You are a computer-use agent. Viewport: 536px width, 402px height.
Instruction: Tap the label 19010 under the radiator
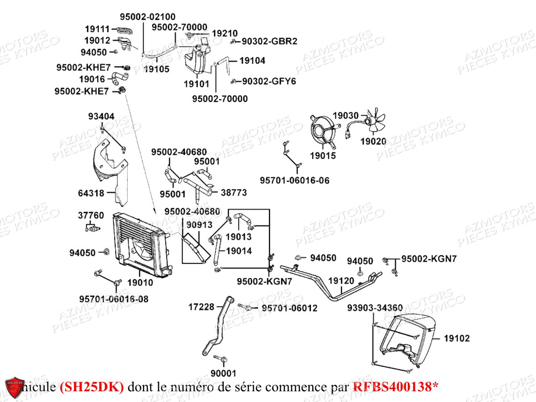(140, 282)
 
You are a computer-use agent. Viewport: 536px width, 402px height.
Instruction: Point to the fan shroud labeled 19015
(322, 130)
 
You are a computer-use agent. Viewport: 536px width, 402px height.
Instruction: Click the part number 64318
(91, 193)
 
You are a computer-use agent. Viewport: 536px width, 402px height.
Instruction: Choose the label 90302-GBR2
(269, 41)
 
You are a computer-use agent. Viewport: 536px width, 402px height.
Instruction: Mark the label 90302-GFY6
(269, 81)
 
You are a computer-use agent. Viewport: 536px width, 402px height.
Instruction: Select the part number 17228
(201, 306)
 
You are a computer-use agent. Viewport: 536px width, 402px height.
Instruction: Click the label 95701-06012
(289, 308)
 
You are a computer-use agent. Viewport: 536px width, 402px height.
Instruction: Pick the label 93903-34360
(375, 308)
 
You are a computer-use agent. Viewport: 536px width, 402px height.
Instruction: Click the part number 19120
(341, 281)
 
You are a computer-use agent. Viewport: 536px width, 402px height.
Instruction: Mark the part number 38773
(234, 193)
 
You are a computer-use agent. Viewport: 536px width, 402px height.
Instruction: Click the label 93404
(101, 117)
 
